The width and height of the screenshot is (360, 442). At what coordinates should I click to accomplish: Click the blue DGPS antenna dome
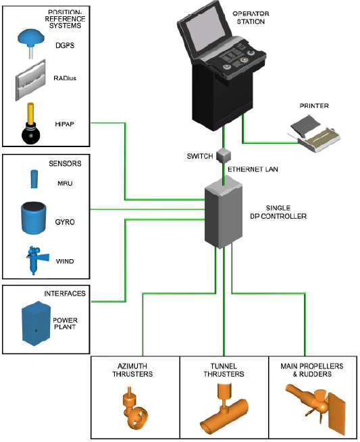31,37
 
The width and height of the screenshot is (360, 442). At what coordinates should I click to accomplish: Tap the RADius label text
65,78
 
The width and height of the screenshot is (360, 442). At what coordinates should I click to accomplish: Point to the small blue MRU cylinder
34,179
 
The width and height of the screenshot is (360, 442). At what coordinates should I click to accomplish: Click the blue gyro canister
34,218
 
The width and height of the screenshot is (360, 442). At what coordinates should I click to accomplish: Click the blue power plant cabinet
36,324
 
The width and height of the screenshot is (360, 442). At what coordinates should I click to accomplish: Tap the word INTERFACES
65,294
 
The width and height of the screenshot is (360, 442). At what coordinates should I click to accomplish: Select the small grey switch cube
224,155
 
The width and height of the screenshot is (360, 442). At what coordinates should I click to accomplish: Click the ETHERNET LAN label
253,169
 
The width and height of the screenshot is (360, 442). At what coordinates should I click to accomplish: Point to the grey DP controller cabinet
223,212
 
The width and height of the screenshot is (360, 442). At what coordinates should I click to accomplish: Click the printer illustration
314,134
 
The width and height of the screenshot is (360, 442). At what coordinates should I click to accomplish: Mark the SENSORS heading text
65,163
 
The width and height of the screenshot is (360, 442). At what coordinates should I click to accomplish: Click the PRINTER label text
314,106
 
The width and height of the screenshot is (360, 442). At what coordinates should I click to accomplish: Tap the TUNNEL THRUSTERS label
224,370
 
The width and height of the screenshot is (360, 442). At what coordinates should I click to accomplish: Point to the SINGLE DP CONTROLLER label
278,212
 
